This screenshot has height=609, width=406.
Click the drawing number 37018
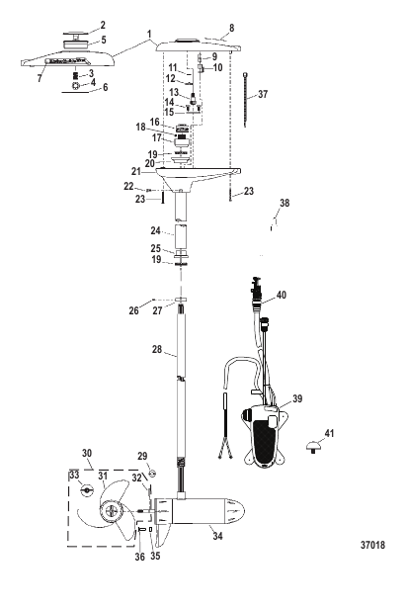point(372,545)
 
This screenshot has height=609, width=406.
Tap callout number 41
point(329,433)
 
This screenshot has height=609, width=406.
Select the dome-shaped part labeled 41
point(312,446)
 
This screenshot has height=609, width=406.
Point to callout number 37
point(263,94)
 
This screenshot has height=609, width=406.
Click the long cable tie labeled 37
point(245,99)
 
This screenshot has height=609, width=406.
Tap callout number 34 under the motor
point(217,536)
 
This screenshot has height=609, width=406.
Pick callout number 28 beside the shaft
point(157,349)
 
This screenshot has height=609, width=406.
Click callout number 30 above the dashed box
point(87,453)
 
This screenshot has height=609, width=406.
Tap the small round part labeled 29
point(152,473)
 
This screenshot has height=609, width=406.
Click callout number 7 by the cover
point(40,78)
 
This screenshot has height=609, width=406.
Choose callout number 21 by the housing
point(136,171)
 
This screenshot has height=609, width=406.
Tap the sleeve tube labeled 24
point(182,236)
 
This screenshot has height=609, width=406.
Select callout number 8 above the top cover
point(232,28)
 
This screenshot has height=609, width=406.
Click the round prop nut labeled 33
point(87,489)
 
